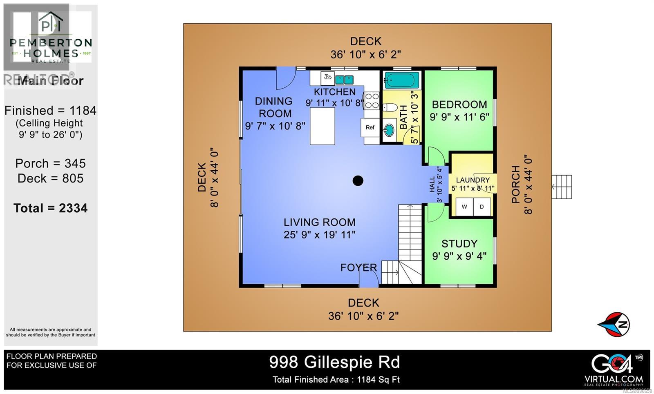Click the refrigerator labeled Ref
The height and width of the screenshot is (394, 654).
(x=370, y=127)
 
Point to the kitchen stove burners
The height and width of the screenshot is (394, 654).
(x=372, y=101)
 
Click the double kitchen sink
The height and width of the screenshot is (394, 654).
(x=345, y=80)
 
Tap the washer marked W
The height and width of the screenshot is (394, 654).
(x=464, y=207)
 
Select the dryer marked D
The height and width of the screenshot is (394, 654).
(x=482, y=207)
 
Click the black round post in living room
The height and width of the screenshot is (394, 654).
(x=358, y=180)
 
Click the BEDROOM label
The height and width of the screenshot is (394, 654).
(x=459, y=105)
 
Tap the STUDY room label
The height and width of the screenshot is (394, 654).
(x=459, y=244)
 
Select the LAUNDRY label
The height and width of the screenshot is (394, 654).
(x=473, y=180)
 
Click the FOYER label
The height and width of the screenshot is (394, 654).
(x=358, y=267)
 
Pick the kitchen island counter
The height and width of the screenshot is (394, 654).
(x=323, y=126)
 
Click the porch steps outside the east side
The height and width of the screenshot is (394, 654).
(x=562, y=187)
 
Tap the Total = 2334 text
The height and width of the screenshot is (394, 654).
(x=51, y=208)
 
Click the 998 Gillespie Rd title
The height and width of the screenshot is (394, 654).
(x=334, y=362)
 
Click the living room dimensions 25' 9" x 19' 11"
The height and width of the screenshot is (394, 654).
(x=320, y=235)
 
